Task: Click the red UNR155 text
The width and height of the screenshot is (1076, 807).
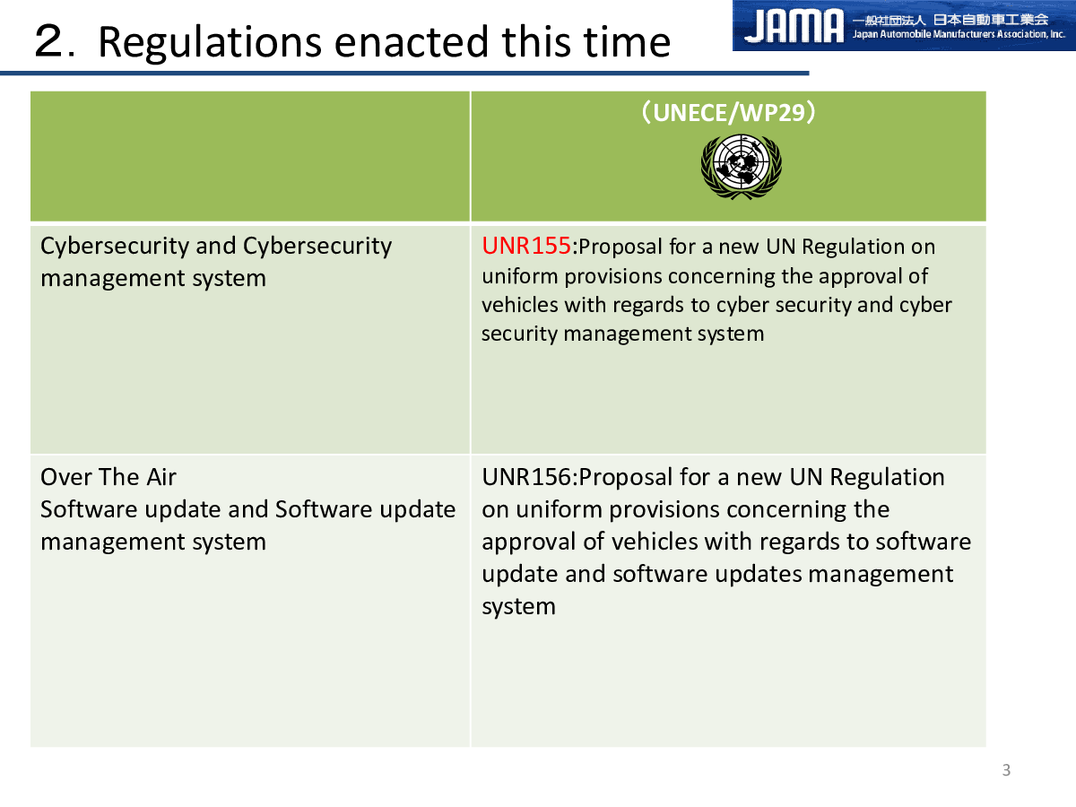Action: click(526, 246)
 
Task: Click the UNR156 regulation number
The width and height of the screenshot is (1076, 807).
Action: click(527, 477)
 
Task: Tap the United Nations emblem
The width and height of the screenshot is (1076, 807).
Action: click(742, 167)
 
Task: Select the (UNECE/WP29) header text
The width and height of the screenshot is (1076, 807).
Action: click(728, 112)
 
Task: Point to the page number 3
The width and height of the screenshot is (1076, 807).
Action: click(1006, 770)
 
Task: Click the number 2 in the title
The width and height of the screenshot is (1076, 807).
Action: click(49, 40)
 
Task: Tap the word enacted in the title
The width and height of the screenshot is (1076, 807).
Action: click(412, 43)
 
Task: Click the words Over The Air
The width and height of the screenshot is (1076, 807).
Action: click(108, 477)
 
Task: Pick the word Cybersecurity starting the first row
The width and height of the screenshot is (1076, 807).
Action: click(115, 247)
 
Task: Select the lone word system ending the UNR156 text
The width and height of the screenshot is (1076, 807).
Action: click(518, 607)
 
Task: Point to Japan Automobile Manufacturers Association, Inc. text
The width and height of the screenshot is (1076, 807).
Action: click(959, 34)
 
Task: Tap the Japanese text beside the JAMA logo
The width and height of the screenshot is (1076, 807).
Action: click(950, 20)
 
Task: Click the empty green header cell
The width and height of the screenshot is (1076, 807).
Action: click(250, 156)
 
